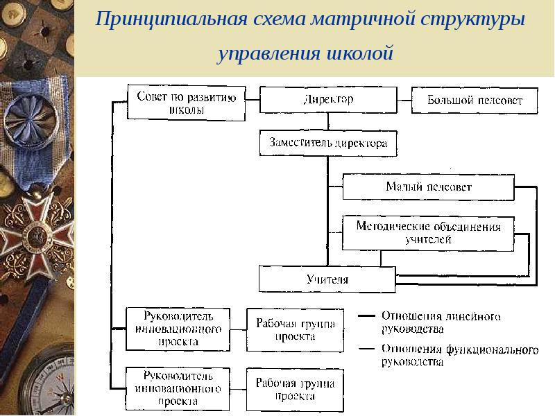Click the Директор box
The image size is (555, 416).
pyautogui.click(x=328, y=100)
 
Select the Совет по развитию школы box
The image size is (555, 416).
pyautogui.click(x=186, y=103)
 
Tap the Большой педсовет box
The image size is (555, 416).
pyautogui.click(x=475, y=101)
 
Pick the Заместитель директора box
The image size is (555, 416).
pyautogui.click(x=328, y=144)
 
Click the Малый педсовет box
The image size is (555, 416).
pyautogui.click(x=428, y=187)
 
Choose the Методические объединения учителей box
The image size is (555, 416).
pyautogui.click(x=428, y=234)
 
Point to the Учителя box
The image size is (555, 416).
pyautogui.click(x=327, y=279)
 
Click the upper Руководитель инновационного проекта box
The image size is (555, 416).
pyautogui.click(x=178, y=329)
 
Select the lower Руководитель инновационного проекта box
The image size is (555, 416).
pyautogui.click(x=178, y=389)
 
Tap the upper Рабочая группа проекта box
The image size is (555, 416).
pyautogui.click(x=295, y=330)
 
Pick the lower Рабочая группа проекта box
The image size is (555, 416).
pyautogui.click(x=295, y=390)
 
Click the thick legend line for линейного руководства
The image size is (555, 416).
pyautogui.click(x=366, y=315)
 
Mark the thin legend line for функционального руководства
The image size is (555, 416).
pyautogui.click(x=366, y=349)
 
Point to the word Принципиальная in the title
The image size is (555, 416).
pyautogui.click(x=171, y=19)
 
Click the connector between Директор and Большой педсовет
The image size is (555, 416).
pyautogui.click(x=404, y=100)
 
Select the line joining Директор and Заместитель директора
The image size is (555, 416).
pyautogui.click(x=328, y=122)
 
